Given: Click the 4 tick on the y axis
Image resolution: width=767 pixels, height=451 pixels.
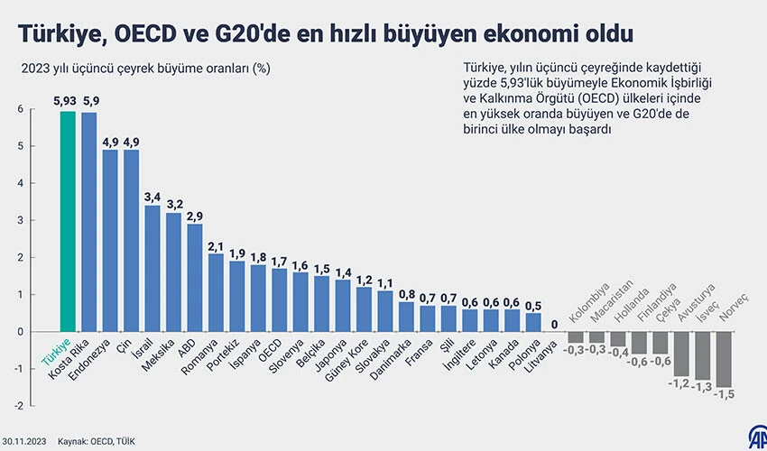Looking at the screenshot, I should [x=20, y=183].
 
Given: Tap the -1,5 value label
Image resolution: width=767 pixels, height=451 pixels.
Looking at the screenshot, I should [x=725, y=395].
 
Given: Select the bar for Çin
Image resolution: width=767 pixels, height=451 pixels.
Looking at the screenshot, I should [x=131, y=240].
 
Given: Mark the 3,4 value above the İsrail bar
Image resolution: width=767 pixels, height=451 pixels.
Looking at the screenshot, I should [x=152, y=196].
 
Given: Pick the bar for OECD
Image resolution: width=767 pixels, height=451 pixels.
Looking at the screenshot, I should [x=280, y=299].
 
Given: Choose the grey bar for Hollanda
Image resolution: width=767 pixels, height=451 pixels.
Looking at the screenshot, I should [x=618, y=339].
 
